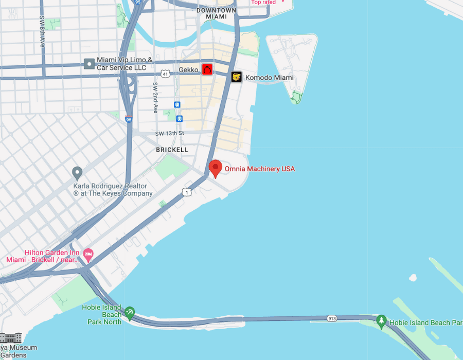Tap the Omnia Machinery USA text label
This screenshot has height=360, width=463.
260,169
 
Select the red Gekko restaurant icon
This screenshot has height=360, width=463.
207,70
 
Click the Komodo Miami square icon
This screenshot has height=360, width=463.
236,77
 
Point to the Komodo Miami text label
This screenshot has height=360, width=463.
270,78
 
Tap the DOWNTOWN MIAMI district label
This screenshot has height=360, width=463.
217,13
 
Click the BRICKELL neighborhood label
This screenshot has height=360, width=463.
172,150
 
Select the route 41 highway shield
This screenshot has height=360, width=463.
165,74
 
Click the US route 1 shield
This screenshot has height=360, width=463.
187,192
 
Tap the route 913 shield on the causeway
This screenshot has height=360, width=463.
332,319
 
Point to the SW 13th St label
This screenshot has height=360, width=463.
169,134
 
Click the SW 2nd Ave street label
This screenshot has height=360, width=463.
155,98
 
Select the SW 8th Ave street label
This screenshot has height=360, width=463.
42,31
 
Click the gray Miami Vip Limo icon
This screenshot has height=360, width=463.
89,64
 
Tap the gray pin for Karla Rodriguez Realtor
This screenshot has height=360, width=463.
77,173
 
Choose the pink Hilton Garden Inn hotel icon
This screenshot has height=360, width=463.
88,254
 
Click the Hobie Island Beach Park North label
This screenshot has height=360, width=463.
102,315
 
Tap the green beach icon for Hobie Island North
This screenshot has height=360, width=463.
130,312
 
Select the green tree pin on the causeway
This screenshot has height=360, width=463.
381,321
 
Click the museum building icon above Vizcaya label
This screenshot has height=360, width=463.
9,338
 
